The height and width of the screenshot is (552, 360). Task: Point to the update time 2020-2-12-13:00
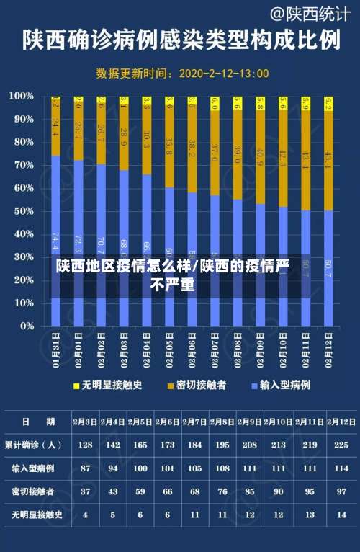point(223,74)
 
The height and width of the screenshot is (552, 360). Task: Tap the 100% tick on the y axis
point(22,96)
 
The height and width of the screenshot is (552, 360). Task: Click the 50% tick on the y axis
point(24,210)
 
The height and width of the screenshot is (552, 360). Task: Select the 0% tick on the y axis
point(26,326)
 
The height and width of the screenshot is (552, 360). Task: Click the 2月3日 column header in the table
point(86,422)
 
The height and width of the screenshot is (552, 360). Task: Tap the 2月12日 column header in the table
point(342,422)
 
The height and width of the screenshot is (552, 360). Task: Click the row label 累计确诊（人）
point(33,445)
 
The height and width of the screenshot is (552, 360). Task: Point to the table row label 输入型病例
point(33,468)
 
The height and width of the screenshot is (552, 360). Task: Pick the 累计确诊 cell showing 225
point(342,445)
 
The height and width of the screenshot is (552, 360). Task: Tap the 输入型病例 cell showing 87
point(86,468)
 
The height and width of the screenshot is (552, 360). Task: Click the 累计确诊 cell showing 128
point(86,445)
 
